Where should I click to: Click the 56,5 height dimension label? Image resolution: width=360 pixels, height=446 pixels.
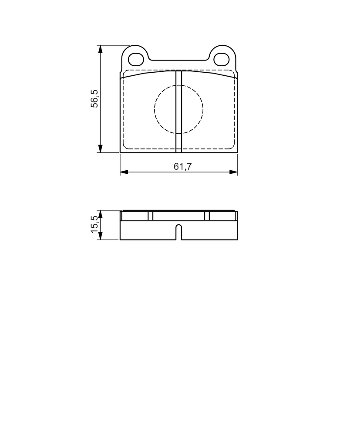pos(94,99)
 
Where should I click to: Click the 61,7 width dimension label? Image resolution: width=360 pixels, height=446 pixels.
pos(183,166)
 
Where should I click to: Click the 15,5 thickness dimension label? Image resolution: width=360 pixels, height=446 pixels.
pos(94,224)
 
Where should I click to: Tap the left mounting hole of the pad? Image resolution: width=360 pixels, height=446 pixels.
pos(136,59)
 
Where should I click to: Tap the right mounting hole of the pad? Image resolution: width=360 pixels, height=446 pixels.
pos(222,59)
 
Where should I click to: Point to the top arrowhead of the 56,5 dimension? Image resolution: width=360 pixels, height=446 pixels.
pos(100,49)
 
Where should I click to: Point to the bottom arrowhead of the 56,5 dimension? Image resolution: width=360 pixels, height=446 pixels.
pos(100,149)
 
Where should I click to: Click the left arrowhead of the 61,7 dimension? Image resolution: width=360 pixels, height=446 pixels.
pos(124,172)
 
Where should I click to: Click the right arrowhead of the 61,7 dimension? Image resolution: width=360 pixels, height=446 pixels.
pos(233,172)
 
